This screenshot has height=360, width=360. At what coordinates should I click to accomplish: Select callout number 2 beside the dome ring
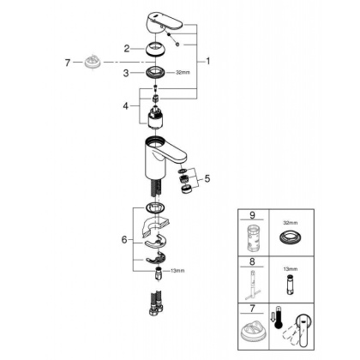pyautogui.click(x=126, y=49)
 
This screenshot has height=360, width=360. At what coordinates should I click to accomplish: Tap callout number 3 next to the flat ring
pyautogui.click(x=126, y=74)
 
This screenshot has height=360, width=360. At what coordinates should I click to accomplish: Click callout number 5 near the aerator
pyautogui.click(x=205, y=179)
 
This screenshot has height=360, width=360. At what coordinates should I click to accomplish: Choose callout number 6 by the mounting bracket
pyautogui.click(x=126, y=241)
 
